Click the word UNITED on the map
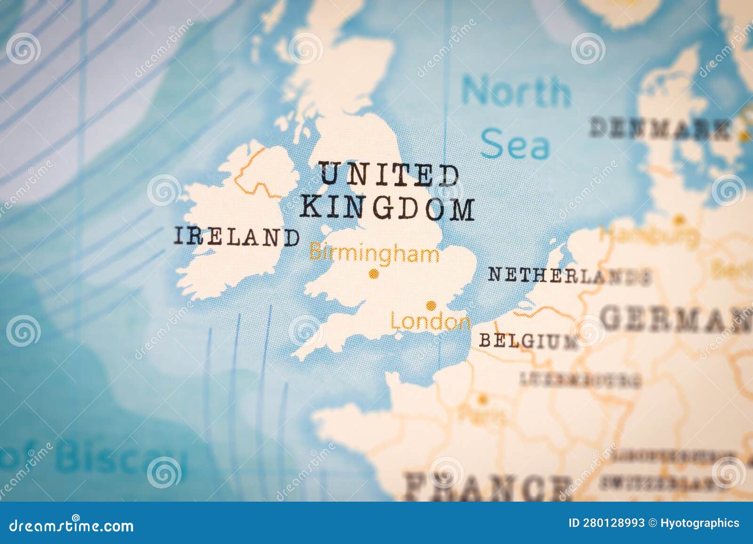(x=389, y=174)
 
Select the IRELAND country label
(x=237, y=237)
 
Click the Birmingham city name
(x=374, y=254)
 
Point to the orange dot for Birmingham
(x=374, y=273)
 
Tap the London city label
(x=430, y=322)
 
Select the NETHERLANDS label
(x=569, y=275)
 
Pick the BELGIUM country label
(x=528, y=341)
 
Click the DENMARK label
(x=659, y=128)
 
